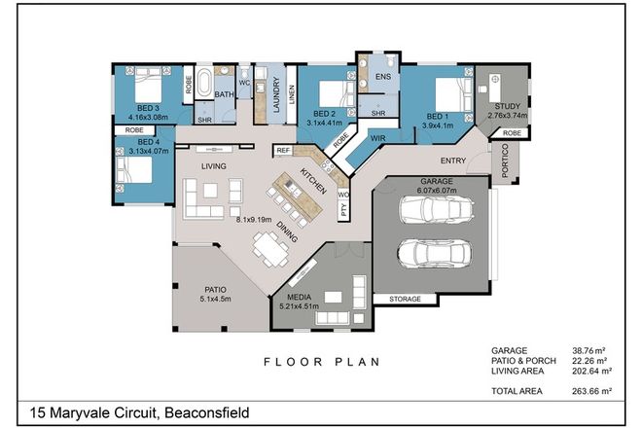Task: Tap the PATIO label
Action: pos(216,289)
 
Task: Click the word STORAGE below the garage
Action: pos(405,299)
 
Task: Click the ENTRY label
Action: pos(453,160)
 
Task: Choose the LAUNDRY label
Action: pos(276,97)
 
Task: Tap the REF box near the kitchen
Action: pos(283,151)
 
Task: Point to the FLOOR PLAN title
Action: pos(320,362)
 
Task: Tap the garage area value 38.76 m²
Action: pos(593,350)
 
